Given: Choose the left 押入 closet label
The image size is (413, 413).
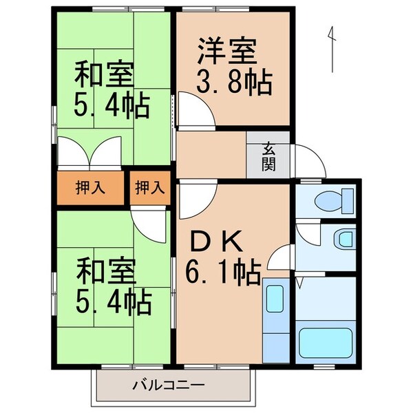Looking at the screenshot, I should click(x=90, y=187).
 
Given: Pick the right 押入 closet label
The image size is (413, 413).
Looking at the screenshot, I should click(x=149, y=187).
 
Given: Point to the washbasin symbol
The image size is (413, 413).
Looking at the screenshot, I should click(x=342, y=240).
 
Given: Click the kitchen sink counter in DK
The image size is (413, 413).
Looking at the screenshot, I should click(x=275, y=320).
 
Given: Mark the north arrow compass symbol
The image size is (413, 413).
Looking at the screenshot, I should click(x=332, y=48).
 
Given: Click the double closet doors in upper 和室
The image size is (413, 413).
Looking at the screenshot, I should click(x=89, y=151).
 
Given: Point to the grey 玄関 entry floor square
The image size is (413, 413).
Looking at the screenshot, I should click(x=268, y=159).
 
